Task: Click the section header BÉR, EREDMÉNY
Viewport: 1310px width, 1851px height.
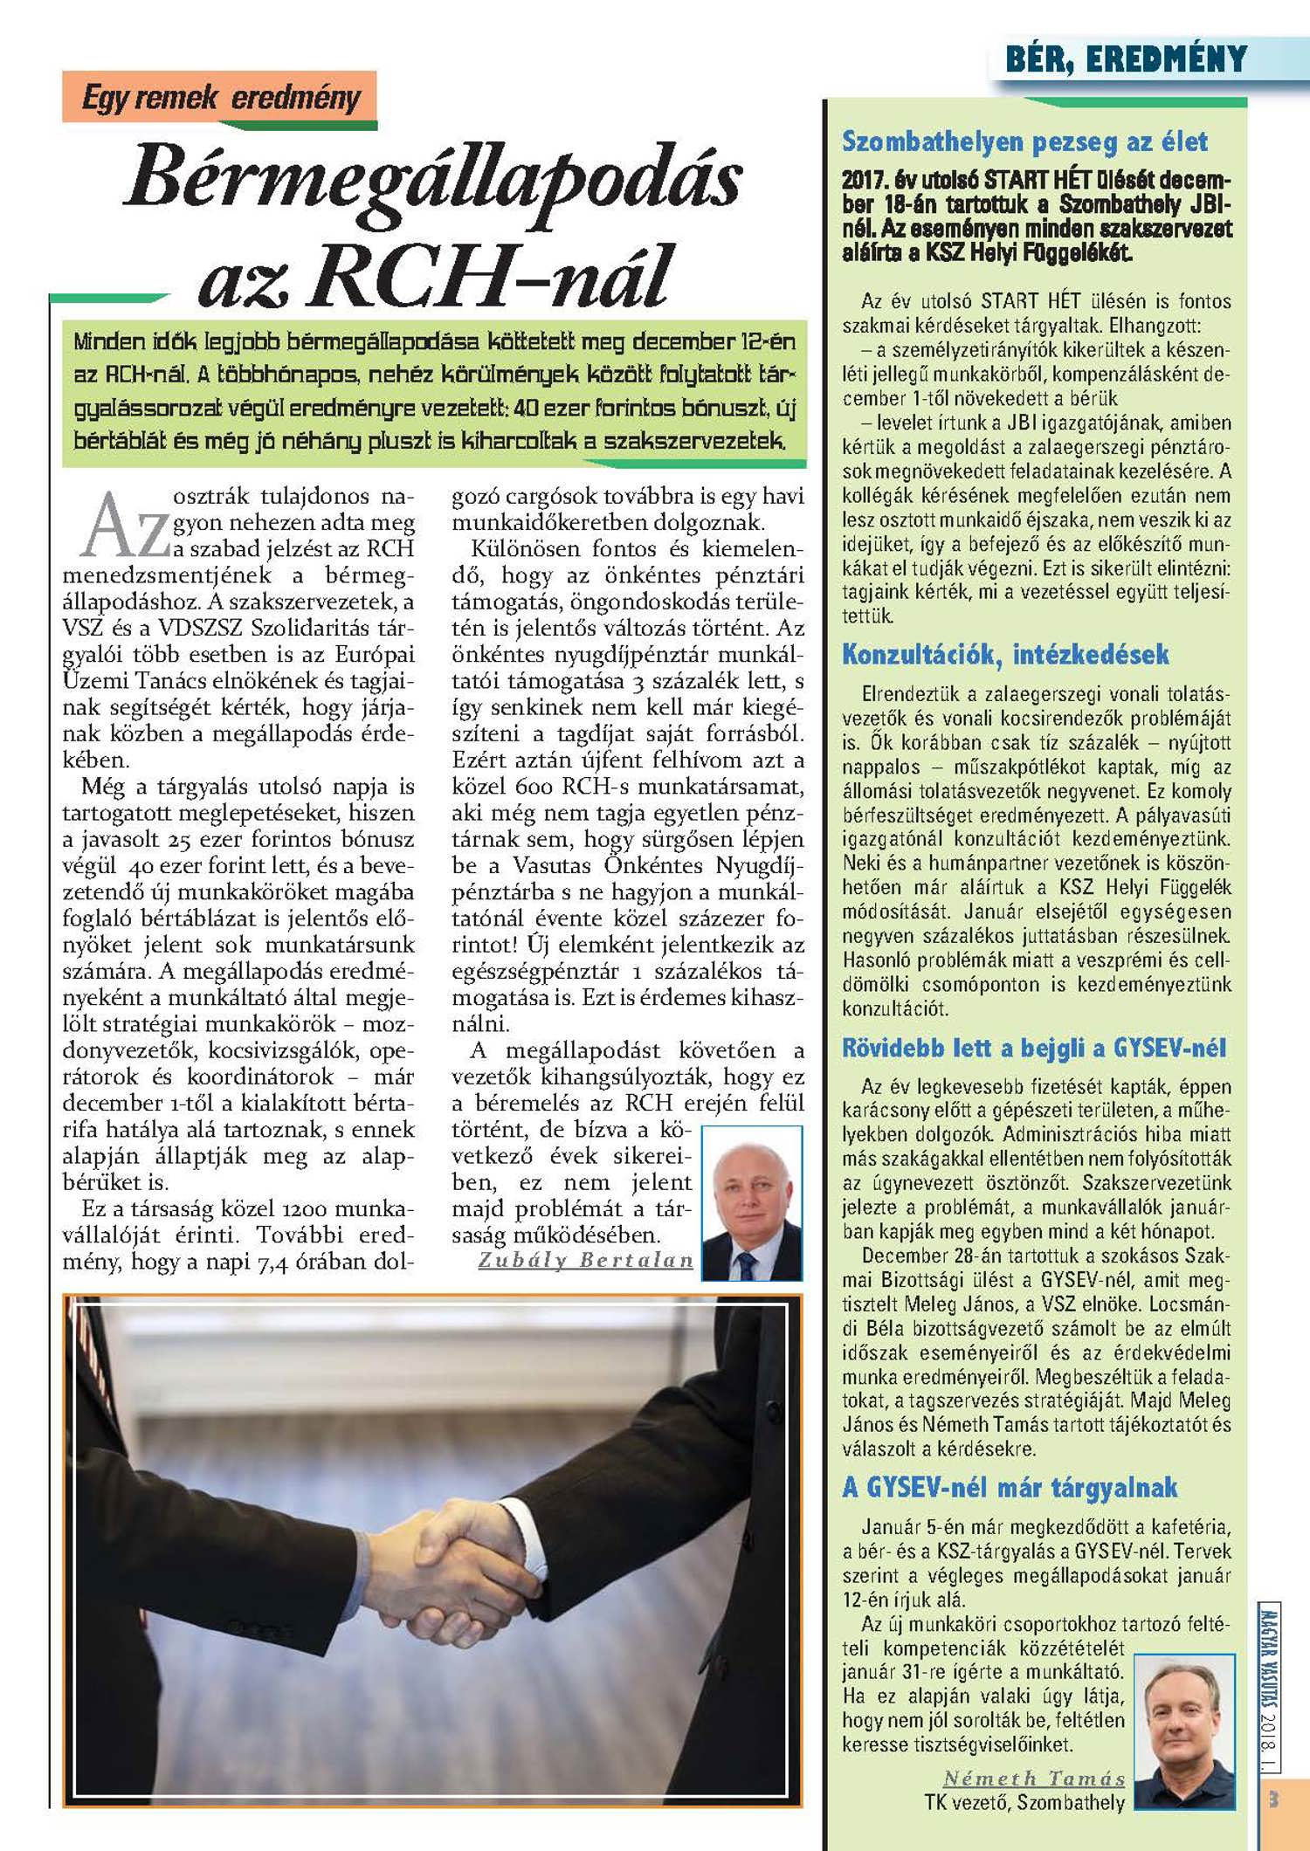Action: click(x=1126, y=59)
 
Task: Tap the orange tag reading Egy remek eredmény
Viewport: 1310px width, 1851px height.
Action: click(x=220, y=97)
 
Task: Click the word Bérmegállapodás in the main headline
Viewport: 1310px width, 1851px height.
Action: click(x=434, y=179)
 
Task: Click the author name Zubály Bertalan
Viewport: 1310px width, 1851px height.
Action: click(x=585, y=1260)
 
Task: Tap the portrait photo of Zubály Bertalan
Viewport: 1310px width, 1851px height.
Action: click(x=752, y=1203)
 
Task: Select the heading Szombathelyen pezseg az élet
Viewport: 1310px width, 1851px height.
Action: click(x=1024, y=141)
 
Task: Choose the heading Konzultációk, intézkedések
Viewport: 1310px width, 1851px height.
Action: click(x=1005, y=654)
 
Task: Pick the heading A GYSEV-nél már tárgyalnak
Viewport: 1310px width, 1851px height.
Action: click(x=1010, y=1487)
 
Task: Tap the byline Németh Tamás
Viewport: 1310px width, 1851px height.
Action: click(x=1034, y=1778)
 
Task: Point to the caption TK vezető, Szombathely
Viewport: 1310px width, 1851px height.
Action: click(x=1024, y=1802)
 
